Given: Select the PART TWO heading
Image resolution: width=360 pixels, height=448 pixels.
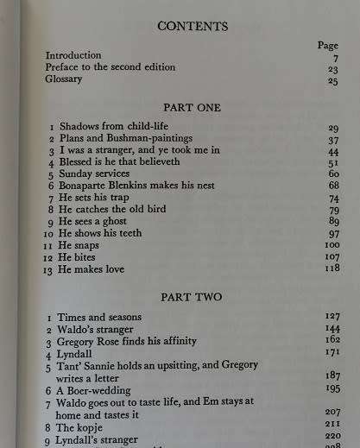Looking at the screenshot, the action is tap(191, 297).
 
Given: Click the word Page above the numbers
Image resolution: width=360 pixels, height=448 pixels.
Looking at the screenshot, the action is tap(327, 45).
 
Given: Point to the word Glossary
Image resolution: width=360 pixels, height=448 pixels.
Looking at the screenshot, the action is tap(65, 79).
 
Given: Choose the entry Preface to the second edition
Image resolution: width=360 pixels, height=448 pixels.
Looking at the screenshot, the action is tap(110, 67).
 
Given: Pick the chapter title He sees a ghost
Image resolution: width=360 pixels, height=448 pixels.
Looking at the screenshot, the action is tap(95, 221).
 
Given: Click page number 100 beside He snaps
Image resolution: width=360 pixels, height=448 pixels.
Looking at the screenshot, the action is tap(330, 245).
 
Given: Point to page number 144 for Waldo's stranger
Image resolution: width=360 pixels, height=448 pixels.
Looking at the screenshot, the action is tap(330, 329).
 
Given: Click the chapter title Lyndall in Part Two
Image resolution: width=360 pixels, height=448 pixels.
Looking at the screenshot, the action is tap(76, 354).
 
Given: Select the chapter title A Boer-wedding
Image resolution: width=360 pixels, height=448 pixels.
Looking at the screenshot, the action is tap(98, 390).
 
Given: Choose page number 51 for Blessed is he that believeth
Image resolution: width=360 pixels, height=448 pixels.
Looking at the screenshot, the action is tap(332, 161).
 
